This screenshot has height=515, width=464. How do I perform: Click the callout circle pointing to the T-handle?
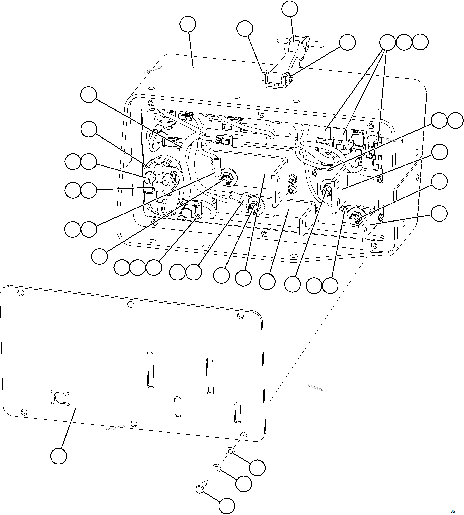point(291,9)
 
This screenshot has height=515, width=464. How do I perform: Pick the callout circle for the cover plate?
point(59,456)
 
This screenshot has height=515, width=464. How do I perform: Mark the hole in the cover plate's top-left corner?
point(21,293)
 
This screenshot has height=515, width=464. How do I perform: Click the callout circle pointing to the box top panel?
point(188,24)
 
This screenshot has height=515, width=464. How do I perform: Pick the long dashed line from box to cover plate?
point(319,324)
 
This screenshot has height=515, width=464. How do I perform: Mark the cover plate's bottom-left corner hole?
point(24,412)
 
